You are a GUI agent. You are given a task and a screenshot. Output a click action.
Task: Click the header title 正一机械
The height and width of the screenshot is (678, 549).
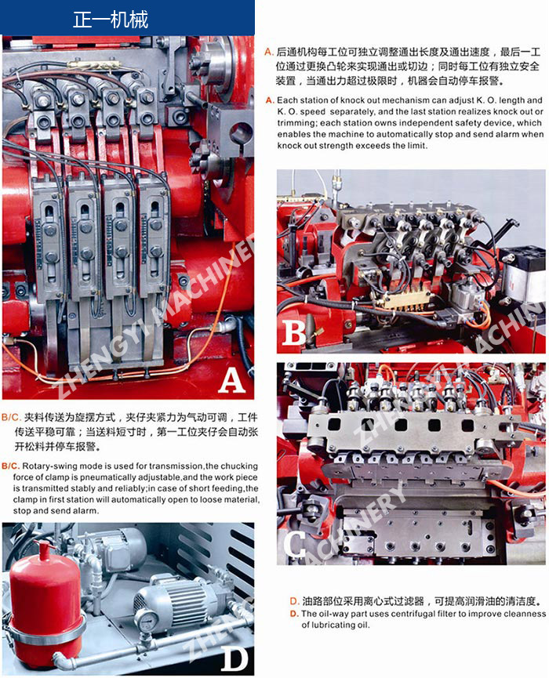[111, 20]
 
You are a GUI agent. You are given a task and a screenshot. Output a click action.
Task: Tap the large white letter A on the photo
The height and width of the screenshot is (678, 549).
[232, 380]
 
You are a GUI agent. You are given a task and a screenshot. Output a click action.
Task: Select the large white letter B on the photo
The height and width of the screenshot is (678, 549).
[294, 332]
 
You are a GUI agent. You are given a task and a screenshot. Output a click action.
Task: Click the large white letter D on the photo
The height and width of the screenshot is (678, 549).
[235, 659]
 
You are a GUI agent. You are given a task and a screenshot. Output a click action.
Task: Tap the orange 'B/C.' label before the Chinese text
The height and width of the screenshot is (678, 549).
[11, 417]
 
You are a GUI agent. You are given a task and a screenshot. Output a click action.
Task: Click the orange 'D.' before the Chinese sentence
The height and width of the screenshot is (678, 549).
[294, 601]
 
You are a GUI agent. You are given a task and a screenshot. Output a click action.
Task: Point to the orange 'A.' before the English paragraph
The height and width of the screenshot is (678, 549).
[270, 100]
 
